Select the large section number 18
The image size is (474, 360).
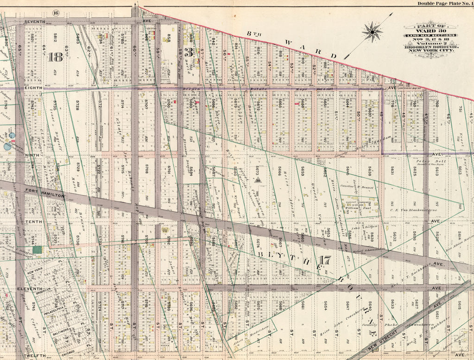pyautogui.click(x=55, y=57)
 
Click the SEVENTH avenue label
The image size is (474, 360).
pyautogui.click(x=34, y=21)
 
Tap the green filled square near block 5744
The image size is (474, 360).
pyautogui.click(x=37, y=250)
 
